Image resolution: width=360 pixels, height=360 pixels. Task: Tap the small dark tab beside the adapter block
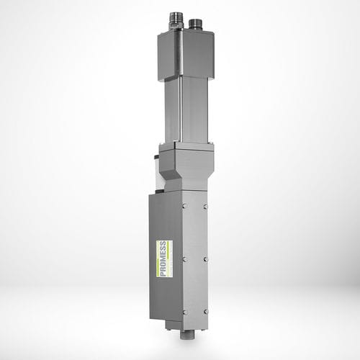coord(157,165)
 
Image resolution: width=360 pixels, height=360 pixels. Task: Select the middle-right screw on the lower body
coord(206,257)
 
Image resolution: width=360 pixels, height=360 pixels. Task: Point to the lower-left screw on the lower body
coord(185,311)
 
